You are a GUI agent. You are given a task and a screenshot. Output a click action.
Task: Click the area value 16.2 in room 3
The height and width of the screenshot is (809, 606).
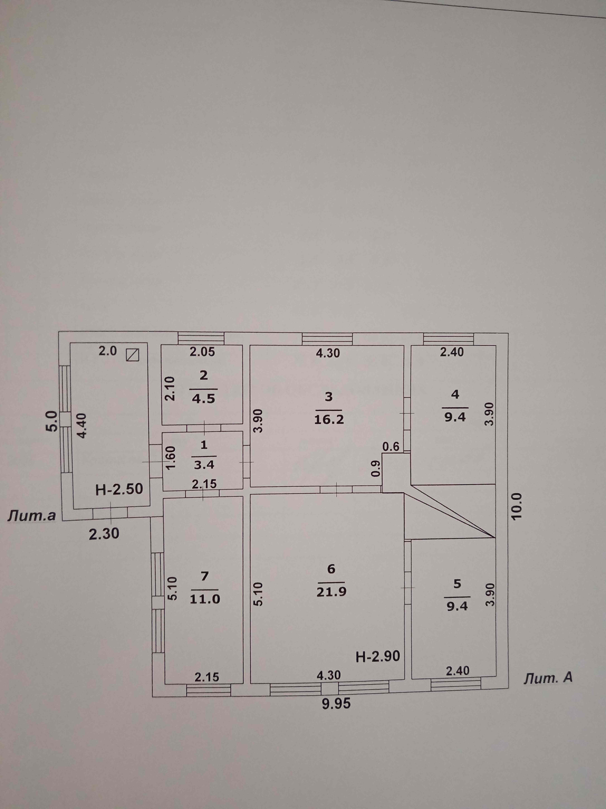[x=329, y=419]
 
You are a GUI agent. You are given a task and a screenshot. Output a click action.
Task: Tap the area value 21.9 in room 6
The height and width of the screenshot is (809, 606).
[x=331, y=591]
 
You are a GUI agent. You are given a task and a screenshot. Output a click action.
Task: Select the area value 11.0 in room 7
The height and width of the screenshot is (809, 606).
[x=205, y=599]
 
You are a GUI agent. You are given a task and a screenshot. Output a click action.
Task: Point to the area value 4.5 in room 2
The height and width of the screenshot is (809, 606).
[x=204, y=398]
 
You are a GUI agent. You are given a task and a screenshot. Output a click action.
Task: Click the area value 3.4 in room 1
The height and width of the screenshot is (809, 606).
[x=204, y=465]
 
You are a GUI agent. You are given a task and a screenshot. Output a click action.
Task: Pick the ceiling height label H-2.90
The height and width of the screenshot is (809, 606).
[x=378, y=656]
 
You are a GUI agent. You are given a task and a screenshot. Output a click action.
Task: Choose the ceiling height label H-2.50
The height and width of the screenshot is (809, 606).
[x=119, y=489]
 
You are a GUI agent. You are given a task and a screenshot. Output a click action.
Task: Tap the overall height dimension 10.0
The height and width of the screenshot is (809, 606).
[x=518, y=506]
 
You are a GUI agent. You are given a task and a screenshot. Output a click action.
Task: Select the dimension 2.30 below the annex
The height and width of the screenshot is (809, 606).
[x=104, y=534]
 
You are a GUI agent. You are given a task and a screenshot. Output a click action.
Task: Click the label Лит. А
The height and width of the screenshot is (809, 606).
[x=548, y=678]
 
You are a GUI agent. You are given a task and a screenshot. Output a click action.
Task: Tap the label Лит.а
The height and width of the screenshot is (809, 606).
[x=32, y=516]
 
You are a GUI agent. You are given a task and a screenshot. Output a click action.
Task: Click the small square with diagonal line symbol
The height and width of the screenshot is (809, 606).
[x=132, y=354]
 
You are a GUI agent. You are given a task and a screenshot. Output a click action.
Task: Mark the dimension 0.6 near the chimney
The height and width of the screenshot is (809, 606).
[x=391, y=446]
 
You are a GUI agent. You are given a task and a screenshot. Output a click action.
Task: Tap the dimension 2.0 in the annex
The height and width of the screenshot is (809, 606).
[x=108, y=351]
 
